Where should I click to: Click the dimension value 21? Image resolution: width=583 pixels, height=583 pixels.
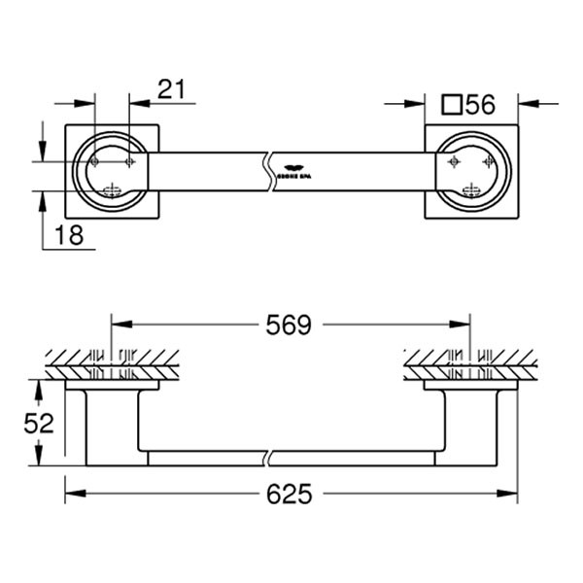pos(170,89)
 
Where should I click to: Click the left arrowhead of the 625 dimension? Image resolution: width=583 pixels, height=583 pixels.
pos(71,496)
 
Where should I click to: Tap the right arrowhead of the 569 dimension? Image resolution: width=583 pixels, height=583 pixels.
pos(466,326)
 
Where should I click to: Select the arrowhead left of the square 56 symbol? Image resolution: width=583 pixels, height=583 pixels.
pos(419,101)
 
